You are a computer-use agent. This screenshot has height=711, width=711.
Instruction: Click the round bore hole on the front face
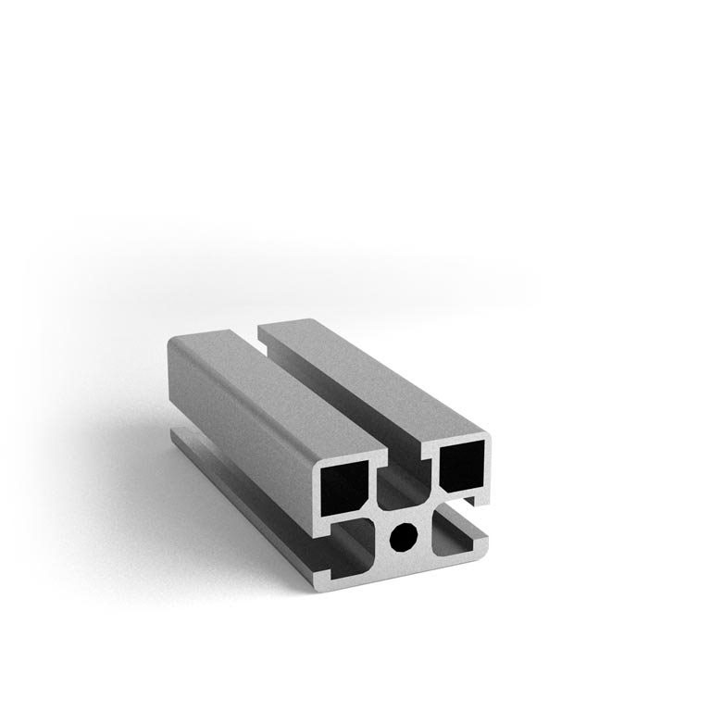404,537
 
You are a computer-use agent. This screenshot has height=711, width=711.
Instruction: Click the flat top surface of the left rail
268,389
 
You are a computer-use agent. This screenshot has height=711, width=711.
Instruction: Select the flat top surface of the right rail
370,370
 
